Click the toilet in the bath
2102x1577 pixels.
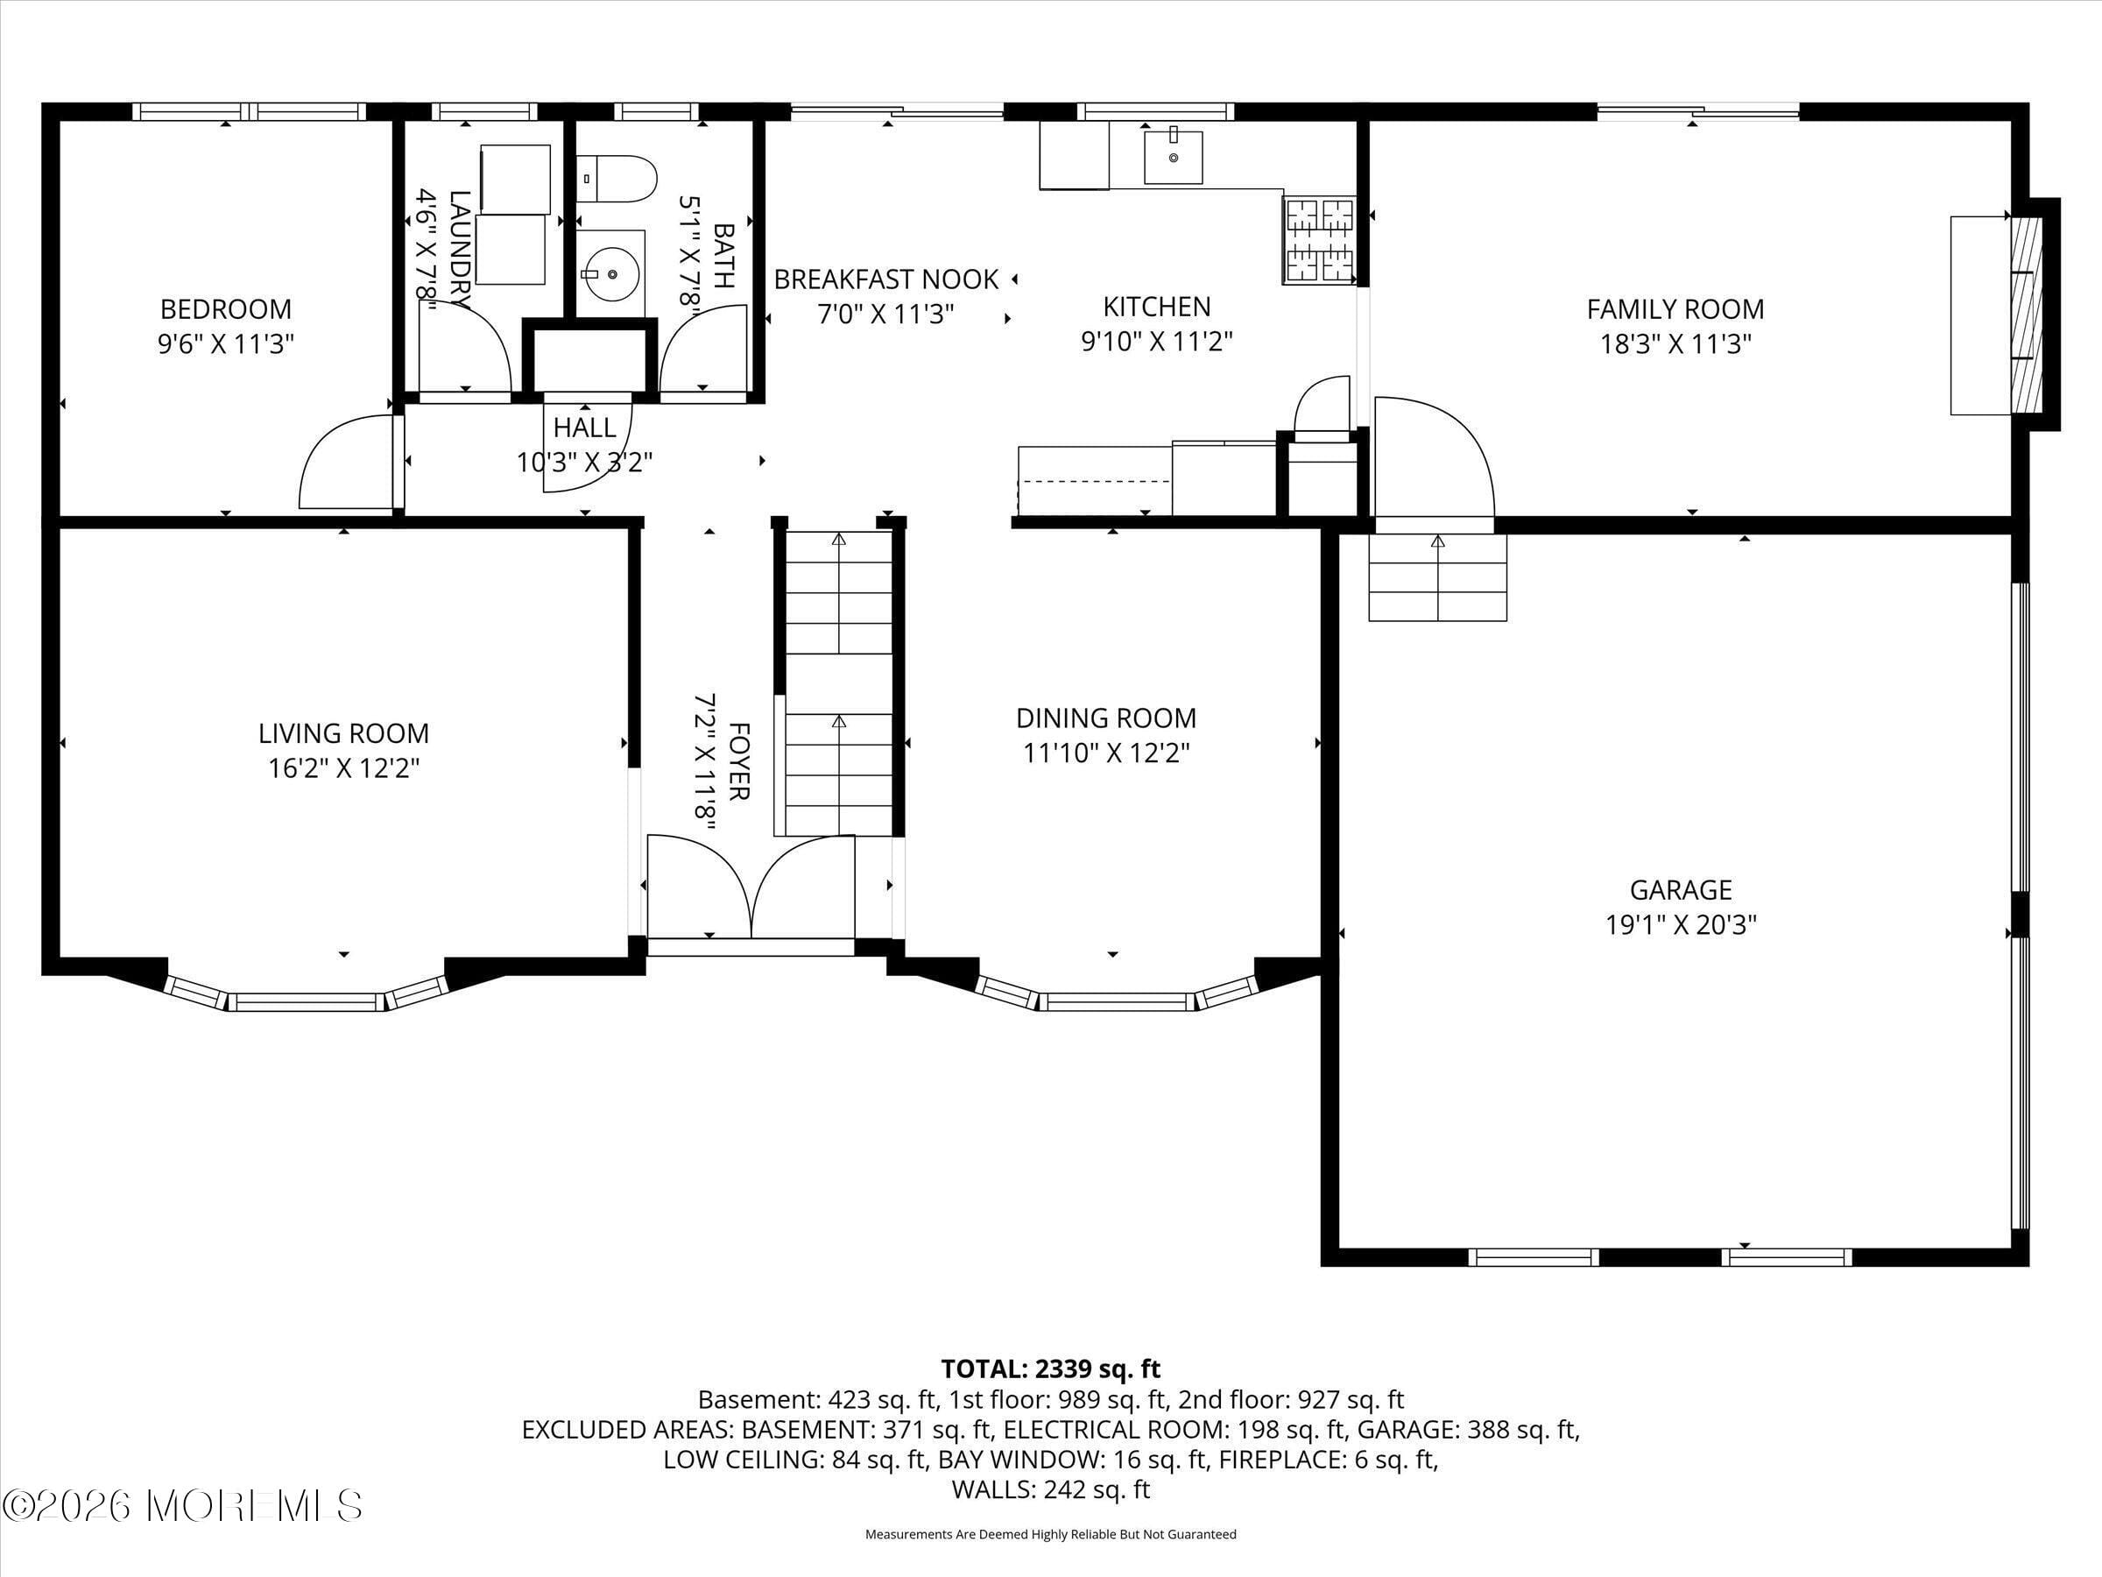617,180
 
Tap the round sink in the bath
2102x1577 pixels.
611,273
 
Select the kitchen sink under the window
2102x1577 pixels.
1173,157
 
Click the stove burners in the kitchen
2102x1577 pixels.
1319,241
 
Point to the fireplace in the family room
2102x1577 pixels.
2026,315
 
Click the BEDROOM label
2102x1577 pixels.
225,309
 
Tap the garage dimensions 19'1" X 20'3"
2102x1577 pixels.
1680,925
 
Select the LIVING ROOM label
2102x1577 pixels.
343,733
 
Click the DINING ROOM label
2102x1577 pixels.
1106,718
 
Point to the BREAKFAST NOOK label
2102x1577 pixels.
885,279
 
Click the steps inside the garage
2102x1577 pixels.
1437,577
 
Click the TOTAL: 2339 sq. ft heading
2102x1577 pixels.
1050,1368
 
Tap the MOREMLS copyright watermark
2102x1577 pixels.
182,1506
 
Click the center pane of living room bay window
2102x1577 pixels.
306,1001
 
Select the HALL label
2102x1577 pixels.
584,428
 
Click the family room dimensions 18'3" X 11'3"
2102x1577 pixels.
1675,343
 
